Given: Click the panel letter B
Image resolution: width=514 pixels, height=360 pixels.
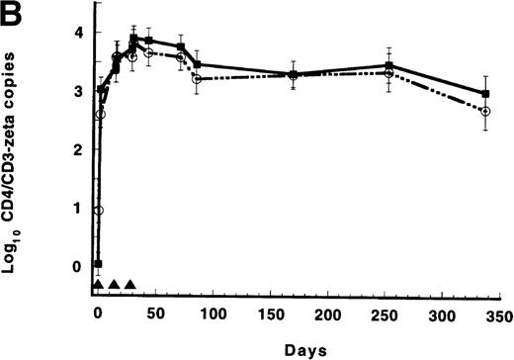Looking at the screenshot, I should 17,14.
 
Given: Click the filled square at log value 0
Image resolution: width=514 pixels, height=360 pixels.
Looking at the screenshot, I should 98,264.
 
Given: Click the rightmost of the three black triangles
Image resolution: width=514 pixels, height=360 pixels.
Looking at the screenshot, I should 129,285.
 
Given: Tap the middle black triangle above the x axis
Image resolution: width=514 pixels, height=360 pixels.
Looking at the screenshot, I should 114,285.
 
